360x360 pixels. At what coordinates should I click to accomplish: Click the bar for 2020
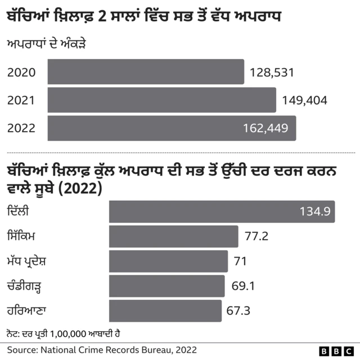tap(146, 72)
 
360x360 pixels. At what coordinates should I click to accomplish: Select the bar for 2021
tap(162, 100)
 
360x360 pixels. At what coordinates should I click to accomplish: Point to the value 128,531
tap(272, 73)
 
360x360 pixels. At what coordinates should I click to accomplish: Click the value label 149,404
tap(304, 101)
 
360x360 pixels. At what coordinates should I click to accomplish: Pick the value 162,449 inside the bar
tap(265, 128)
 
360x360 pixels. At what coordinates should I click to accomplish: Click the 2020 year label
tap(21, 73)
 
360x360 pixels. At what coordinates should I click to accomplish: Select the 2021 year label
tap(21, 101)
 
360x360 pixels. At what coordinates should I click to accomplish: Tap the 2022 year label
tap(21, 128)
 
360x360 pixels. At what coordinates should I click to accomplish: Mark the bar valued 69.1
tap(166, 286)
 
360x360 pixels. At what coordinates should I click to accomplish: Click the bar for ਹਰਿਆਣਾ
tap(165, 311)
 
